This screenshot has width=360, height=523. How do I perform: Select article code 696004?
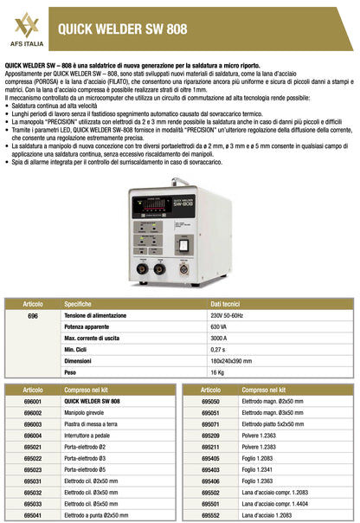pyautogui.click(x=32, y=436)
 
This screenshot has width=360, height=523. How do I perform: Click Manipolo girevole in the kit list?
pyautogui.click(x=89, y=414)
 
